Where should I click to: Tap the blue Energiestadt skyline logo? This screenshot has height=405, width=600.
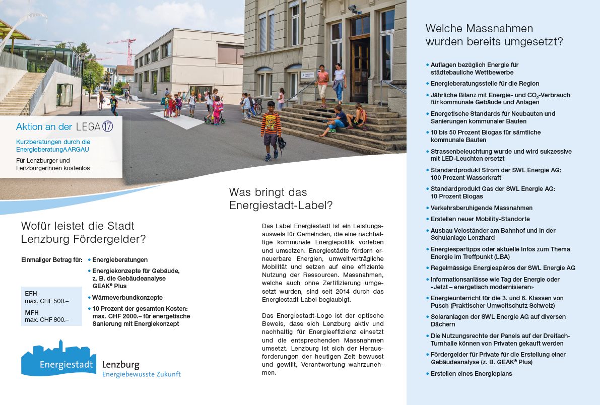point(58,358)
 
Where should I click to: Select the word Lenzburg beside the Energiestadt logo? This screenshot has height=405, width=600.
point(121,364)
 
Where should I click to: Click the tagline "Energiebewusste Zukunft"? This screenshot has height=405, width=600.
point(141,374)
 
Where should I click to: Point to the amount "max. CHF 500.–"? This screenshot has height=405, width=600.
point(47,301)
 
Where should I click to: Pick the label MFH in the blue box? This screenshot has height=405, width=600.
point(32,313)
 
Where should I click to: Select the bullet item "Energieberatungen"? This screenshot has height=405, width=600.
point(120,260)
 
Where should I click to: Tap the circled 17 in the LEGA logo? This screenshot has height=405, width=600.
point(107,126)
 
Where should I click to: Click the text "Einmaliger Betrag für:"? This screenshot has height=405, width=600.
point(52,260)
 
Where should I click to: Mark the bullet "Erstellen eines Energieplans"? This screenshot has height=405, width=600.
point(471,373)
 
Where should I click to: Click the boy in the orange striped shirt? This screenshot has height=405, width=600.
point(271,129)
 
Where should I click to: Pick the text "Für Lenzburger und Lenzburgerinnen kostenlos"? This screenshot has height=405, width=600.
point(53,164)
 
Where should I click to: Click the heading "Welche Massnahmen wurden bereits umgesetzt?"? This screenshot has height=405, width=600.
point(494,35)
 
